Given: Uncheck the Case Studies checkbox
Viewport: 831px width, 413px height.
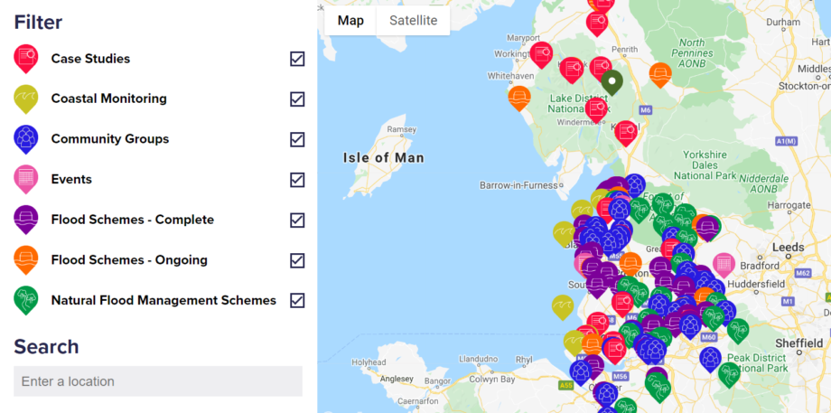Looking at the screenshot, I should pyautogui.click(x=297, y=59).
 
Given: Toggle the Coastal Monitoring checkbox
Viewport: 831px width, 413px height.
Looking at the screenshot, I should pyautogui.click(x=297, y=99).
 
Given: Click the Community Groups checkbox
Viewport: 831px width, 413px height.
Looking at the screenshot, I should pyautogui.click(x=297, y=139).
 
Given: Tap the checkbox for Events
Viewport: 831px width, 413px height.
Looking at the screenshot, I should pyautogui.click(x=297, y=180).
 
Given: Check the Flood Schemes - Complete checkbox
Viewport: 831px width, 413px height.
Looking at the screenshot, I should pyautogui.click(x=297, y=220).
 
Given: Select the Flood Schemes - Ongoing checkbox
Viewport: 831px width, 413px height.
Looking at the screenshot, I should pyautogui.click(x=297, y=260).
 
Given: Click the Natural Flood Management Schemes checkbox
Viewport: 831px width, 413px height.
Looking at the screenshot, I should pyautogui.click(x=297, y=300).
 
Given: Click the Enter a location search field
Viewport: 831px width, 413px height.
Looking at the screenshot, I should pyautogui.click(x=158, y=381).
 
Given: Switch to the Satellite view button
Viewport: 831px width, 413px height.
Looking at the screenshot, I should pyautogui.click(x=413, y=21).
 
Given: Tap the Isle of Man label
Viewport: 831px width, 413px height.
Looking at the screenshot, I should pyautogui.click(x=383, y=158).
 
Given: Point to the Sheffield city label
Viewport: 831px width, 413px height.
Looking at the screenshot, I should pyautogui.click(x=799, y=343).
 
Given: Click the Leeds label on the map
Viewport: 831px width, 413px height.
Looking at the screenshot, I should pyautogui.click(x=789, y=247).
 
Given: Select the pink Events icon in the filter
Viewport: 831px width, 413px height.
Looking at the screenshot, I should pyautogui.click(x=26, y=179).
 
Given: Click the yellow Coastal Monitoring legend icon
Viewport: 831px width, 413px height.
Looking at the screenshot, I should pyautogui.click(x=26, y=99).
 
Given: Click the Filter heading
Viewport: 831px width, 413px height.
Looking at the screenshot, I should pyautogui.click(x=38, y=22).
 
